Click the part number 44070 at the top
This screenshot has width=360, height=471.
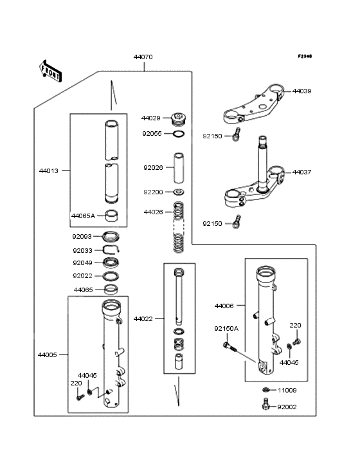(x=143, y=57)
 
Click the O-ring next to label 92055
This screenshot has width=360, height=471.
(x=179, y=134)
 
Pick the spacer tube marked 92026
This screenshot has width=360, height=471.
(x=178, y=168)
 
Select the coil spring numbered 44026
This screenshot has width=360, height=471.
(x=179, y=228)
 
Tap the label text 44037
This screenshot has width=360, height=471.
(x=301, y=172)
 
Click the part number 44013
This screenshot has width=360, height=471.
(x=48, y=171)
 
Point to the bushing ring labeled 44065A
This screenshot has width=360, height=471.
(x=112, y=216)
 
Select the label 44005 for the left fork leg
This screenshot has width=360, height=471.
(x=48, y=355)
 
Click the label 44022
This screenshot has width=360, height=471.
(x=143, y=319)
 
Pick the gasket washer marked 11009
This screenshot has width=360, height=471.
(x=265, y=391)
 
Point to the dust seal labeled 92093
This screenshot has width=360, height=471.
(x=112, y=236)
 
